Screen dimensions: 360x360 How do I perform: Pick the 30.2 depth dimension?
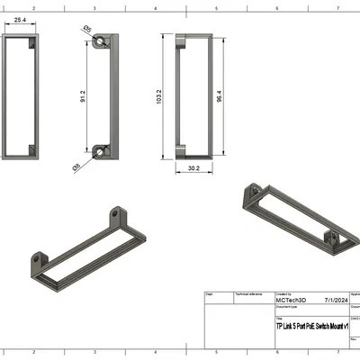[193, 167]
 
